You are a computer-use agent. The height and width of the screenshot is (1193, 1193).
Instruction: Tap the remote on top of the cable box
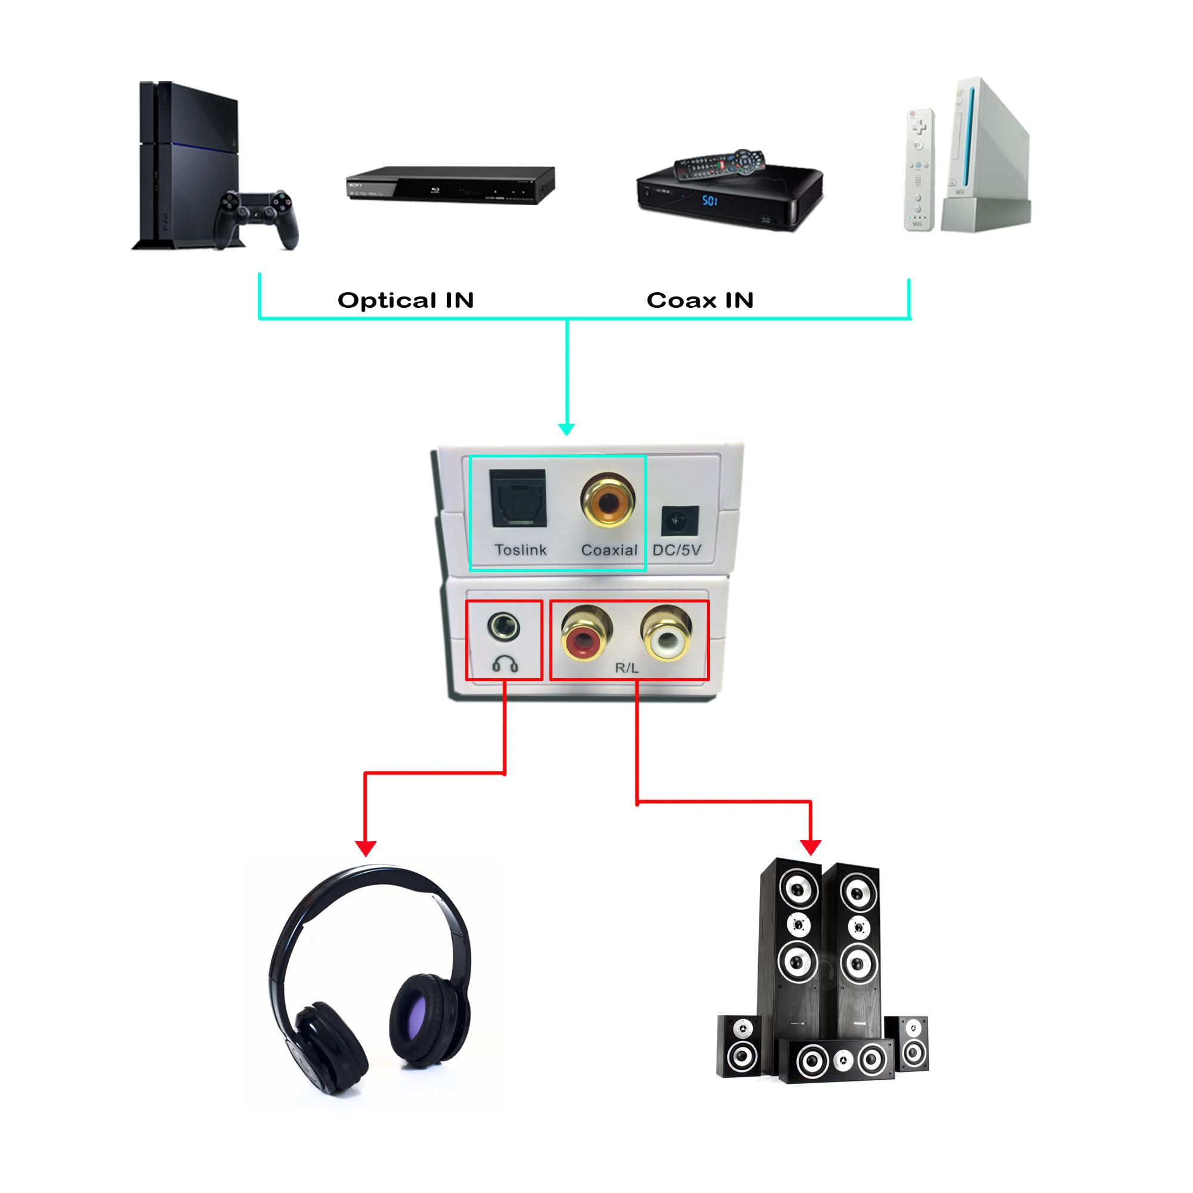pyautogui.click(x=719, y=163)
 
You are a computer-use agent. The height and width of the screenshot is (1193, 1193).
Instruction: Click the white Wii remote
pyautogui.click(x=918, y=170)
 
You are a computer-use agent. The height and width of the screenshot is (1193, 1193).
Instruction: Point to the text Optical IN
pyautogui.click(x=406, y=300)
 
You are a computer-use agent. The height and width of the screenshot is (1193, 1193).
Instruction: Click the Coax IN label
pyautogui.click(x=700, y=300)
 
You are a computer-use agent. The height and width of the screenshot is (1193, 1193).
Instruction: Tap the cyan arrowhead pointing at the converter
pyautogui.click(x=566, y=429)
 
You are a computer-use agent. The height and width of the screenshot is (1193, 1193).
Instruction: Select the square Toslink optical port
pyautogui.click(x=519, y=498)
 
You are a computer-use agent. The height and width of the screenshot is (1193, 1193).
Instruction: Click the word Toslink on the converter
pyautogui.click(x=520, y=549)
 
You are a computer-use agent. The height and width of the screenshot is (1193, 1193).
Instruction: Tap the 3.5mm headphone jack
pyautogui.click(x=503, y=626)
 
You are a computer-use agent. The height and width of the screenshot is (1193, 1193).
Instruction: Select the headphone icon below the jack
pyautogui.click(x=505, y=665)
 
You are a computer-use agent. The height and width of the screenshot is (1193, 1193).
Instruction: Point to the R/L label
pyautogui.click(x=626, y=667)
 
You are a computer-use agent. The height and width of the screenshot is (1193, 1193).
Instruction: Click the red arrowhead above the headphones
pyautogui.click(x=366, y=848)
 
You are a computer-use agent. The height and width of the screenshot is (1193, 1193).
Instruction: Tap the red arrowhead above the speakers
pyautogui.click(x=810, y=846)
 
